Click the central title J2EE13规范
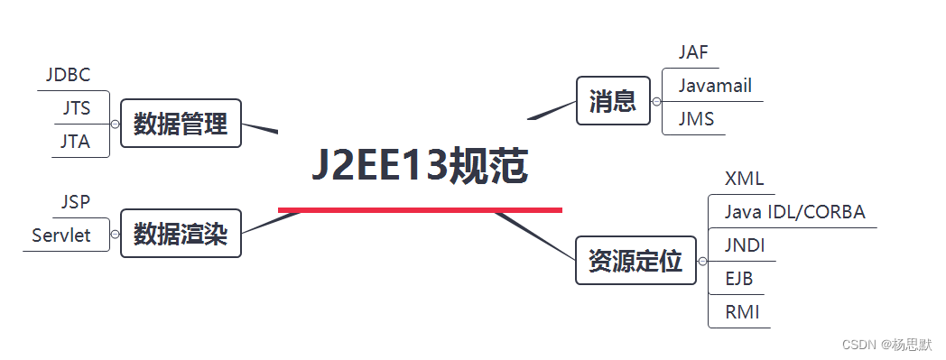(420, 167)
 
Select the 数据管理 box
(181, 123)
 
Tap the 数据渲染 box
(181, 235)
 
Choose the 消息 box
(613, 100)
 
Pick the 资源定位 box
(635, 262)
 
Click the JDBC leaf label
(69, 75)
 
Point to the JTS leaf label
(77, 108)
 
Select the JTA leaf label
(76, 142)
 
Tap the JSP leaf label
(76, 201)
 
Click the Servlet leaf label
(61, 235)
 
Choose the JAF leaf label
(693, 52)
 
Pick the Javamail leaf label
(715, 86)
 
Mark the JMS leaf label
(696, 119)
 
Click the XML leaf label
(744, 179)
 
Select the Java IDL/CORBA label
(794, 212)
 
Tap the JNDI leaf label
(745, 245)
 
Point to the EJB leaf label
(739, 279)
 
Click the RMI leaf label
(742, 312)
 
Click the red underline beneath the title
(420, 210)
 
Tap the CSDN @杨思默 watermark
(886, 345)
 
